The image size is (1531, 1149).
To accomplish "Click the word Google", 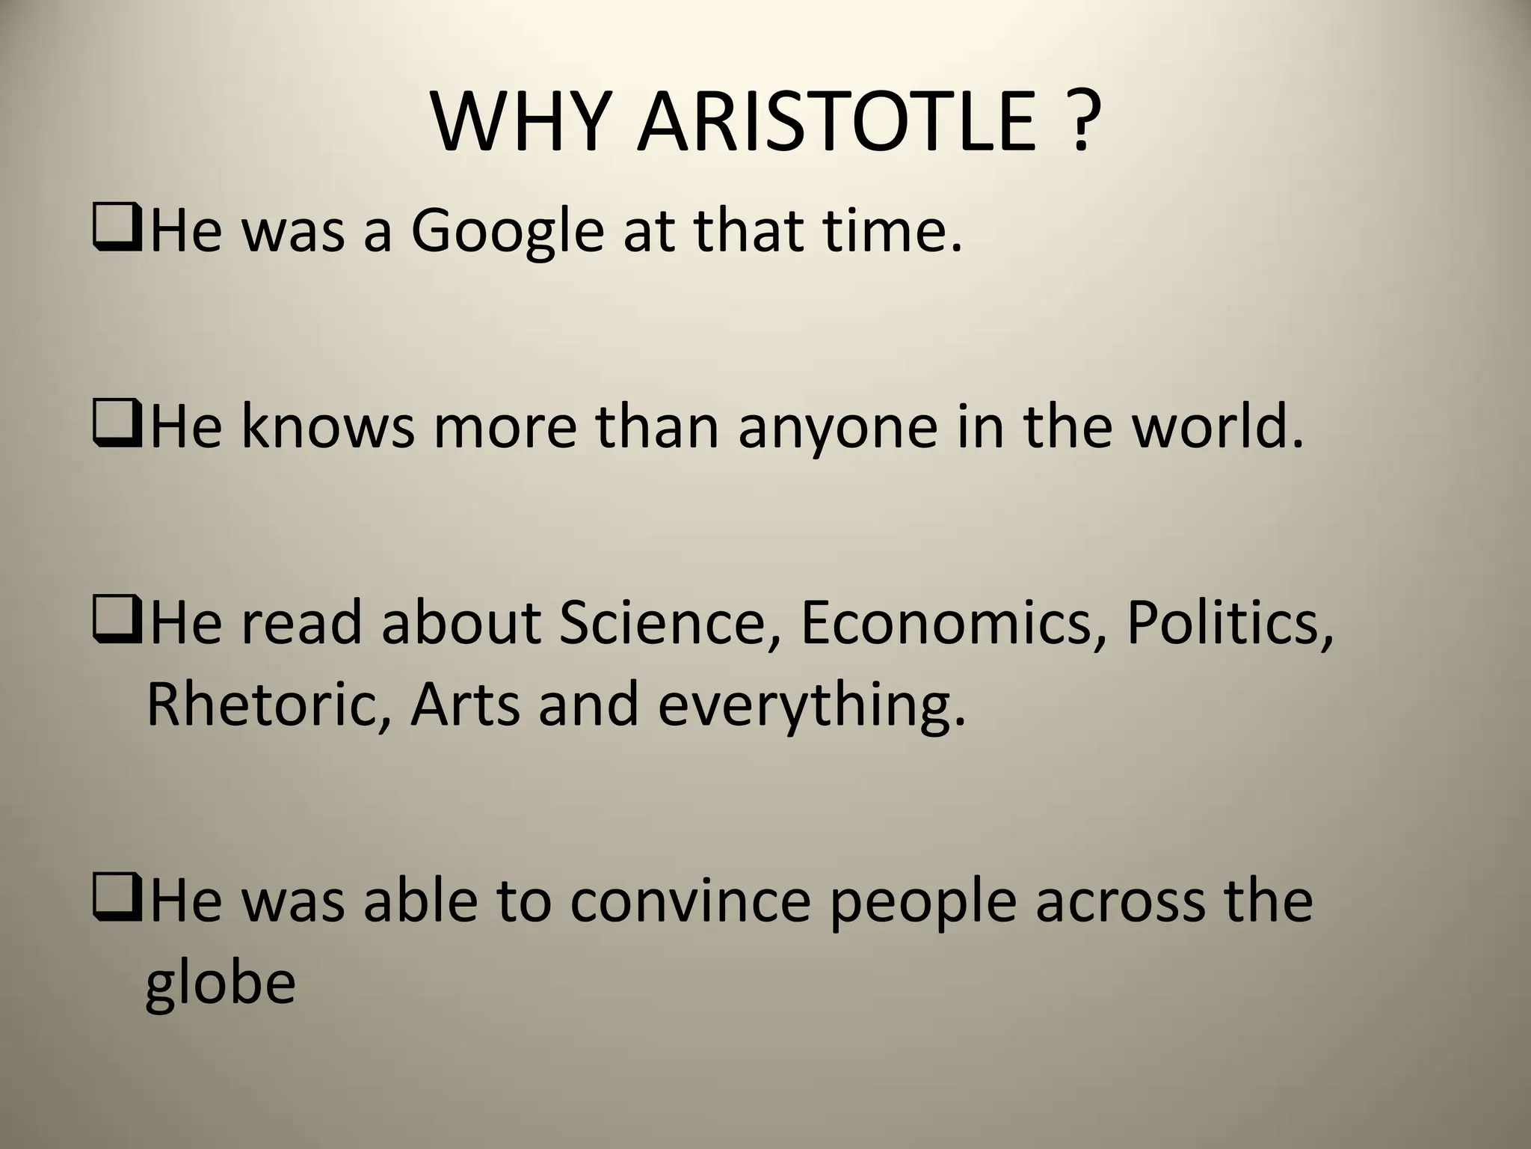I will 508,232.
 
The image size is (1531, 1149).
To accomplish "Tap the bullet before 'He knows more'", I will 117,427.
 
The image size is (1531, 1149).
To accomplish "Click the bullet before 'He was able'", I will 117,900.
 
